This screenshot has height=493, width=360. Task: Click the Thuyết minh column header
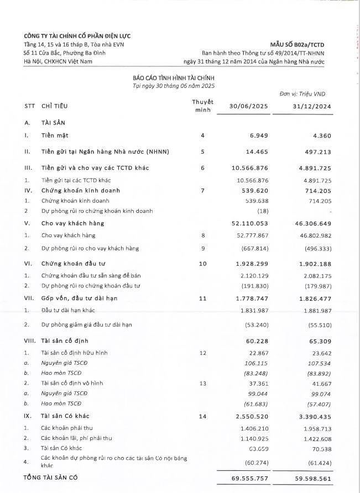(202, 106)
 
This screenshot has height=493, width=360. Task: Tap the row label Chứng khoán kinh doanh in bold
(80, 191)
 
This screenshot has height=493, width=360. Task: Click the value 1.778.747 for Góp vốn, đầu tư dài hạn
(253, 298)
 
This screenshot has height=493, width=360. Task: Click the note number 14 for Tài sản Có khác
(202, 416)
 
